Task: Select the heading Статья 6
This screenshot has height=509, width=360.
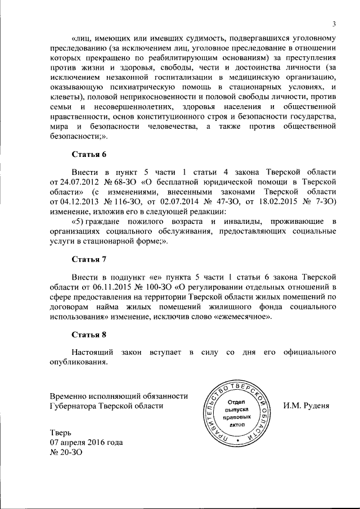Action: tap(89, 154)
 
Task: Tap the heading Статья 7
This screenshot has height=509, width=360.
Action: tap(89, 259)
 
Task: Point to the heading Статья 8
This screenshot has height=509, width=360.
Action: tap(89, 335)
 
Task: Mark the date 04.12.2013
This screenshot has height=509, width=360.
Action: tap(74, 201)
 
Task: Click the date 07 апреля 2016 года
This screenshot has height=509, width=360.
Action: tap(86, 443)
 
